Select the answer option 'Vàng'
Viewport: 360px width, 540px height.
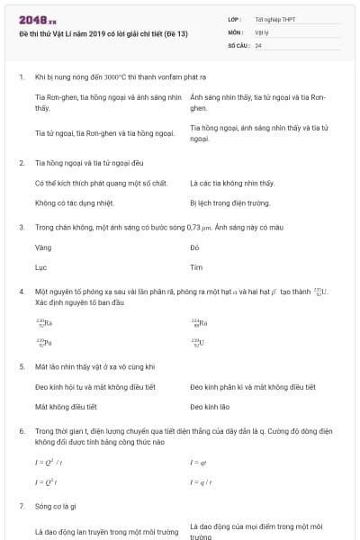click(42, 246)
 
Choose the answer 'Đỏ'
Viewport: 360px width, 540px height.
click(194, 246)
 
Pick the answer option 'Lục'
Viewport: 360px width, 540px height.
click(40, 267)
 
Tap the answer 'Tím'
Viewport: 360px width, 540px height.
click(196, 267)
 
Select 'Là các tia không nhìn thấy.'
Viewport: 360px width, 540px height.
click(232, 183)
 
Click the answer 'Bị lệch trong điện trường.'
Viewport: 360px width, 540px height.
click(230, 202)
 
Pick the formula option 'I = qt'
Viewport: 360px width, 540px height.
click(199, 462)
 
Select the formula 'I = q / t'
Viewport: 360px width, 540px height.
click(201, 481)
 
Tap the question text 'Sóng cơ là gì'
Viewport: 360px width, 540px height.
click(59, 507)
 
